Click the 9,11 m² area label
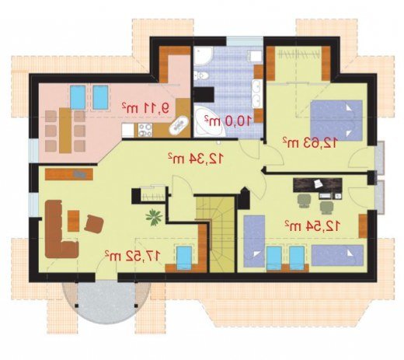[x=146, y=107]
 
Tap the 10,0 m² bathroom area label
[x=228, y=121]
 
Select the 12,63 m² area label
[x=310, y=142]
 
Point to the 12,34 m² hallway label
[x=195, y=159]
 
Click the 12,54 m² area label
[x=312, y=226]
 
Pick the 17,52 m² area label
[x=133, y=256]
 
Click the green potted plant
[x=154, y=217]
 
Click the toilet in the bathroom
[x=201, y=75]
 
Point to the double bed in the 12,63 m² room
[x=336, y=120]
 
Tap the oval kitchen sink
[x=178, y=126]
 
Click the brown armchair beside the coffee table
[x=94, y=223]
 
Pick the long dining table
[x=65, y=131]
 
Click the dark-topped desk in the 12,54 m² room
[x=318, y=185]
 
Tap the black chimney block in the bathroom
[x=204, y=95]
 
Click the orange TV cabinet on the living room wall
[x=69, y=174]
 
